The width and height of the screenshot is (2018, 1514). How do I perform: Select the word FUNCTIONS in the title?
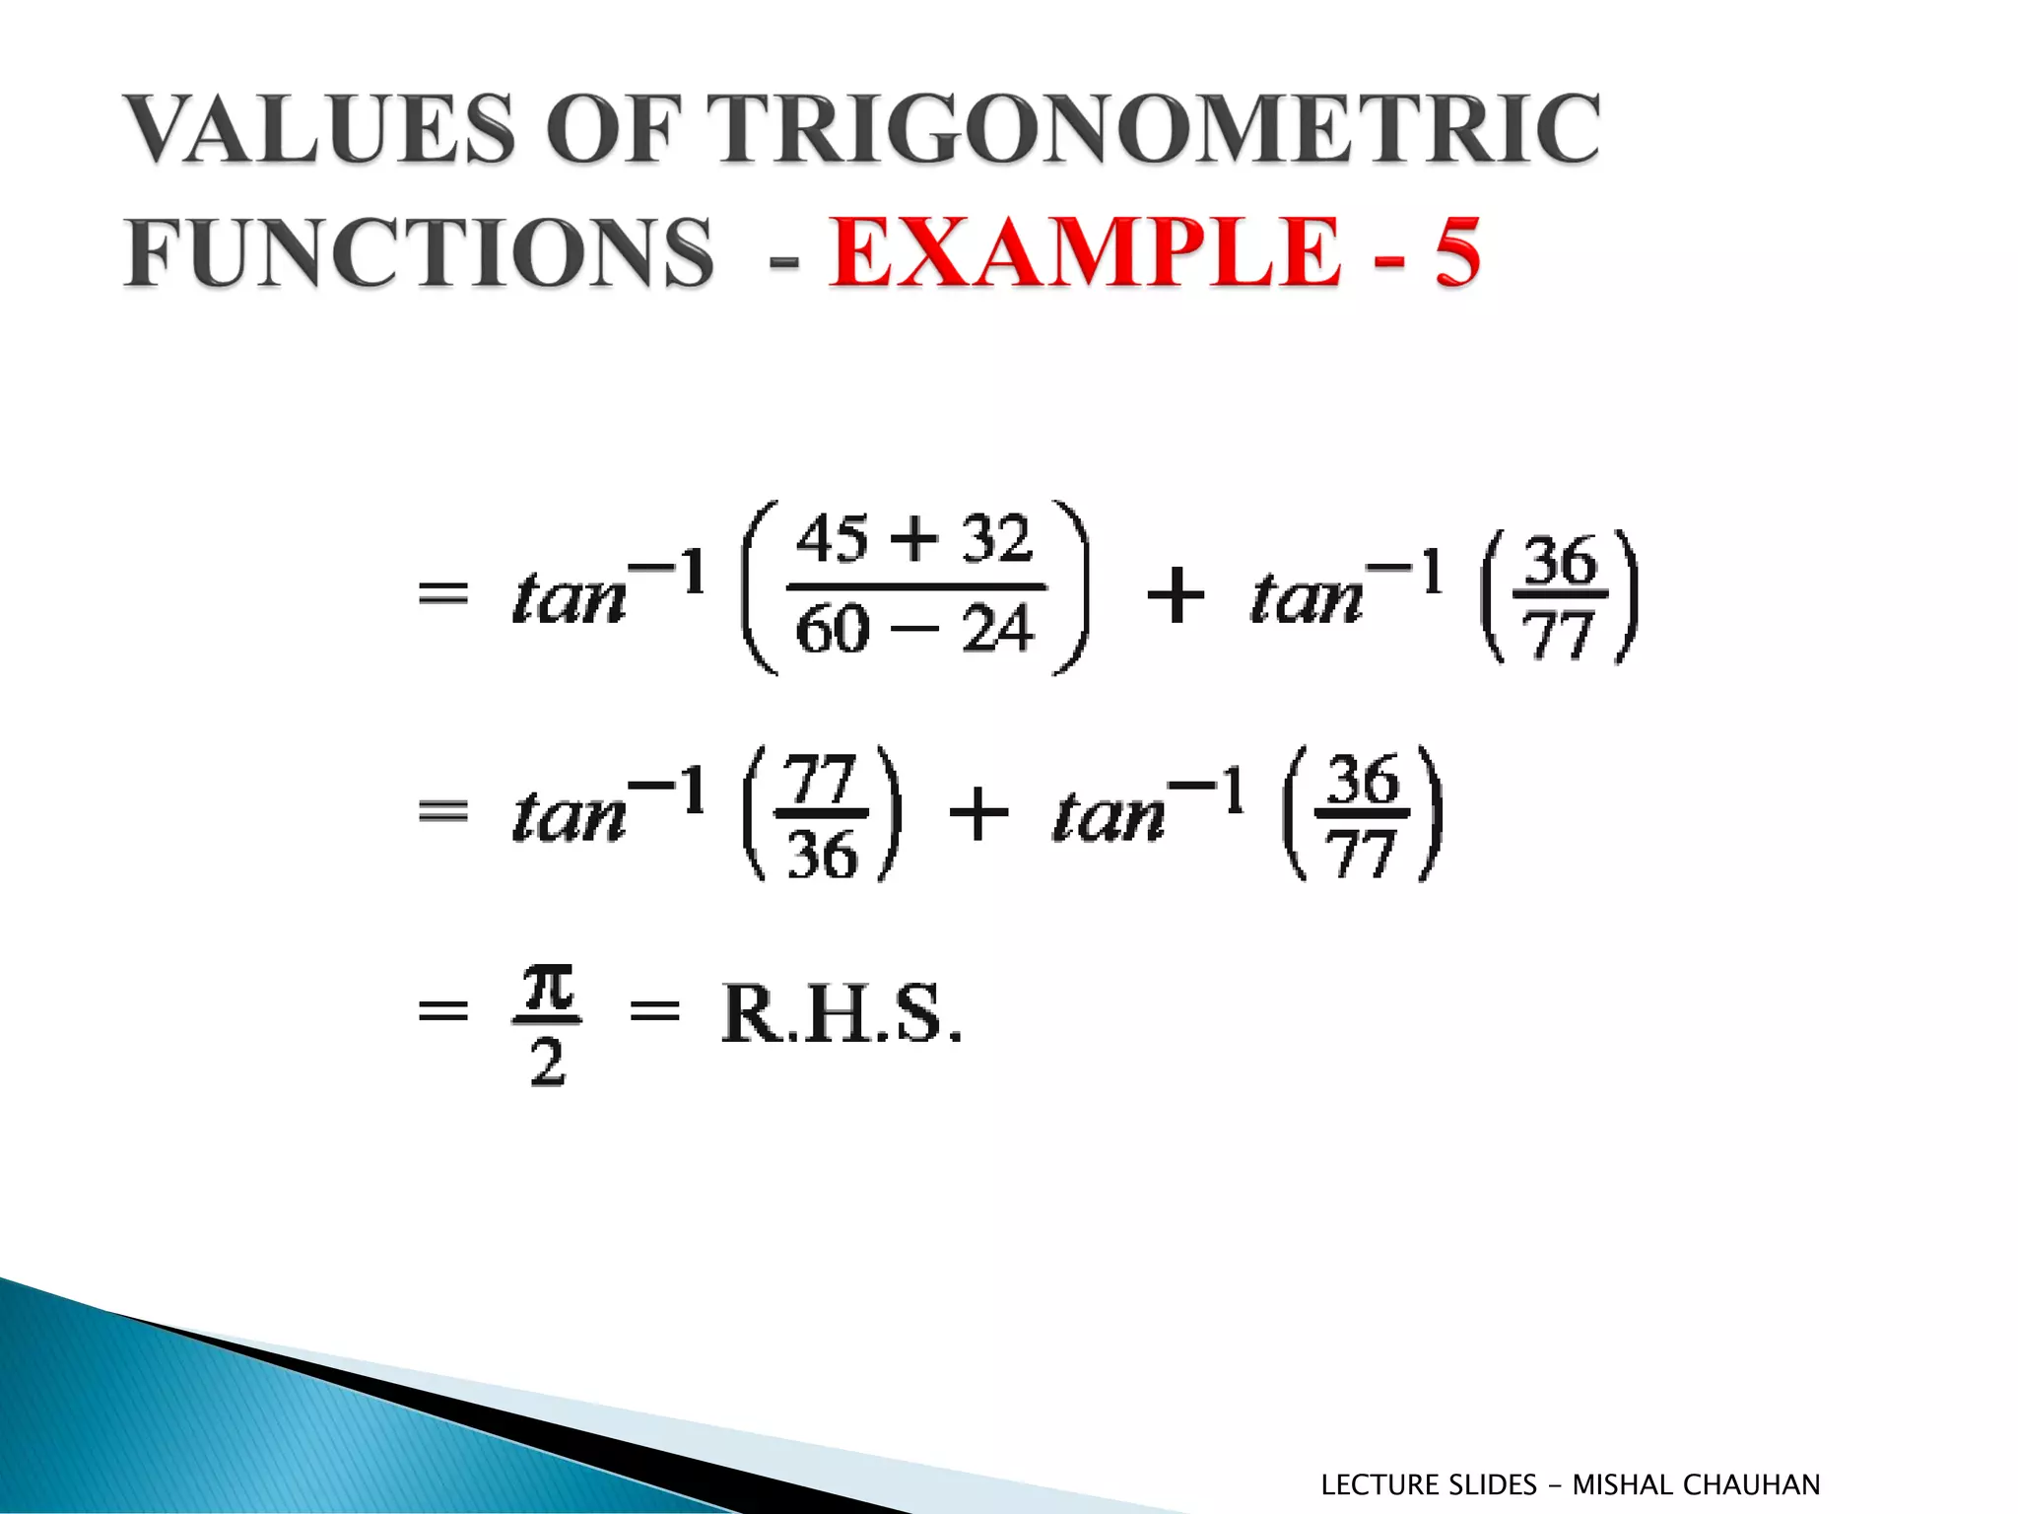coord(418,252)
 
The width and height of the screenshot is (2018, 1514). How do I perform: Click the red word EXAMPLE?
coord(1085,252)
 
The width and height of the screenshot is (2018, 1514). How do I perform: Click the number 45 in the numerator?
coord(833,540)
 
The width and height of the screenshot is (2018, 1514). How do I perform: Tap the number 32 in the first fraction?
coord(996,540)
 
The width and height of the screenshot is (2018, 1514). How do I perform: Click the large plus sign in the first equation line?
coord(1176,595)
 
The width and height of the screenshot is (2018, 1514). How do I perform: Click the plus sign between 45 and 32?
coord(915,540)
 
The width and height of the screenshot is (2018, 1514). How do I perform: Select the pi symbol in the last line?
coord(548,988)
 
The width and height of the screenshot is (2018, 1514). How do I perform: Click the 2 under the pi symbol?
coord(548,1062)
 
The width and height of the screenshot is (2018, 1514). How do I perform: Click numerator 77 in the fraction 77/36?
coord(822,781)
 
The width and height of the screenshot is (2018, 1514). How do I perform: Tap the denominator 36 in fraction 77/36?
coord(822,854)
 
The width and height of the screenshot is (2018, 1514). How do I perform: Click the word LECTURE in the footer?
coord(1379,1484)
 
